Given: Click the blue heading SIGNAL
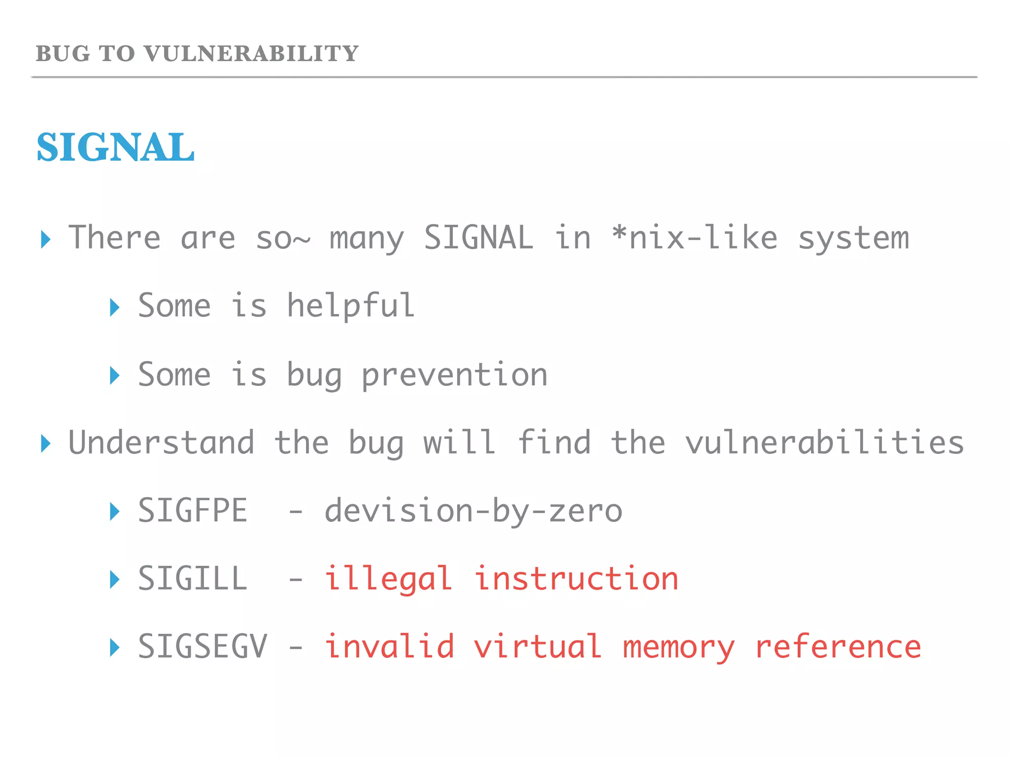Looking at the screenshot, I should (x=116, y=147).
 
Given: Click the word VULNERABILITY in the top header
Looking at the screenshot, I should (x=251, y=54).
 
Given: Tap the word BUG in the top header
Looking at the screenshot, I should (x=63, y=54).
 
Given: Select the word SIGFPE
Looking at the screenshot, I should (x=193, y=511).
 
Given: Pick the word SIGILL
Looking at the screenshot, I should (x=193, y=579).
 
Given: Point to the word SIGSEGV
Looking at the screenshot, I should (x=202, y=647).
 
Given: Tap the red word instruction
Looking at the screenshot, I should (x=576, y=579).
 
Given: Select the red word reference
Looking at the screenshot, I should (x=838, y=647).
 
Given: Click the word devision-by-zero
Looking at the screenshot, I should (x=473, y=511).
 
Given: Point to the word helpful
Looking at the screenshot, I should (x=350, y=306).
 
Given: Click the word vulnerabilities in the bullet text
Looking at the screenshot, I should (x=824, y=442).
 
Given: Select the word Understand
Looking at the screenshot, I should (x=161, y=442).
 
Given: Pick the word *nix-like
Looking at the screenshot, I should (x=695, y=238).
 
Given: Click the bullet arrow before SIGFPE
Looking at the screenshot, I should (x=115, y=512).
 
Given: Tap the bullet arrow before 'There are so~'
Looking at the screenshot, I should (x=46, y=240).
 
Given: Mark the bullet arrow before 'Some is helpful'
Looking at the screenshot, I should (x=115, y=308).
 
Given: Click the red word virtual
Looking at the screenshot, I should (x=538, y=647).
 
